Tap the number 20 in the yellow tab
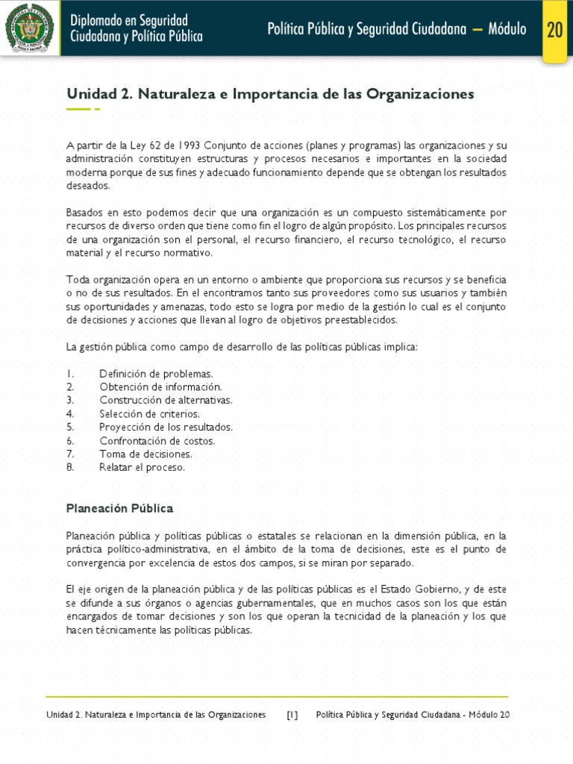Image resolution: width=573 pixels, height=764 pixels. coord(554,29)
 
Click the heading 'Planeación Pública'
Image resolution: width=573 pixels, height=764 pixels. coord(119,508)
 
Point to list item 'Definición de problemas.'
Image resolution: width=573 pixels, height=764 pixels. coord(156,374)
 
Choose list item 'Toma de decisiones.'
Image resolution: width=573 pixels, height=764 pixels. coord(145,454)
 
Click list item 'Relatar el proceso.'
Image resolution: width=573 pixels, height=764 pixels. coord(142,467)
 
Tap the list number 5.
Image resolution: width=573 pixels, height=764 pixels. coord(69,428)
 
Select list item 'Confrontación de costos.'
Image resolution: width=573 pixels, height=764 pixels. coord(157,441)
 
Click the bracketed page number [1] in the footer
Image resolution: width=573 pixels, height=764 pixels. coord(292,715)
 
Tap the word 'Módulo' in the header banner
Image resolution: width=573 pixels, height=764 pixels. coord(507,29)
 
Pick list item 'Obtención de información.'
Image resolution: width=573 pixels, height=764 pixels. coord(160,387)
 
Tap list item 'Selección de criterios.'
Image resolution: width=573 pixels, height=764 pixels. coord(149,414)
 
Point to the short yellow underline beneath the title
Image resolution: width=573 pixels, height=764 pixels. coord(78,110)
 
